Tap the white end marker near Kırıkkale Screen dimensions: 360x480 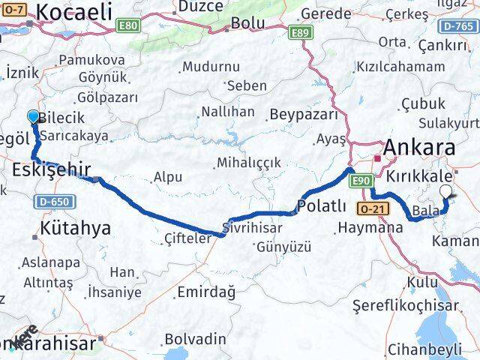tap(447, 191)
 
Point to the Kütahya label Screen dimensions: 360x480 tap(76, 227)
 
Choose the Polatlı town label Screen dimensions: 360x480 tap(322, 205)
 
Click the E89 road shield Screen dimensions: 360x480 tap(300, 31)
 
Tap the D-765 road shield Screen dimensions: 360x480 tap(460, 26)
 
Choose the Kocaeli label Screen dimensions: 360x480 tap(74, 11)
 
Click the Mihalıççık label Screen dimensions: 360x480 tap(248, 162)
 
